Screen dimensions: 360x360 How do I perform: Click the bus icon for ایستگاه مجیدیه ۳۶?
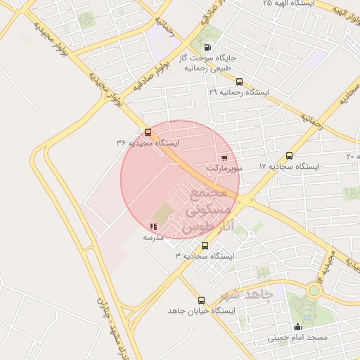(148, 132)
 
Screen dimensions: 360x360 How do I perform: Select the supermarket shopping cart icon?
(224, 157)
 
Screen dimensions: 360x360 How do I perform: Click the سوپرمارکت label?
(225, 169)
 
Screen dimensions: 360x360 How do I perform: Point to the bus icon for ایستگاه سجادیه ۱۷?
(290, 155)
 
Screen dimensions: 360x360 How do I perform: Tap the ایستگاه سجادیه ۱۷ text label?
(289, 167)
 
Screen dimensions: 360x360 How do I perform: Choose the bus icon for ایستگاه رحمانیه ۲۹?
(240, 82)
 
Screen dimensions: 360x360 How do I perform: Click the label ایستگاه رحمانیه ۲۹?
(240, 92)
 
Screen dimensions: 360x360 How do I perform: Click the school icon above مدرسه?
(153, 226)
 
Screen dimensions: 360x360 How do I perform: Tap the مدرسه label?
(153, 238)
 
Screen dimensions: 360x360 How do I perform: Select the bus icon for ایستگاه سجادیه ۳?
(205, 246)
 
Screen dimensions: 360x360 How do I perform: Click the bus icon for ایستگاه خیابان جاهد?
(202, 300)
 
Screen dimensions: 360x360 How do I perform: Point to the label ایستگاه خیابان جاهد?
(201, 311)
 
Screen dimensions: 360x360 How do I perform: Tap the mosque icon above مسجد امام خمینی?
(297, 326)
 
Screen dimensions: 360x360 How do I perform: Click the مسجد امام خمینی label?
(297, 337)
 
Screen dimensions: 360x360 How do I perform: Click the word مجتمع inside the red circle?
(208, 193)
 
